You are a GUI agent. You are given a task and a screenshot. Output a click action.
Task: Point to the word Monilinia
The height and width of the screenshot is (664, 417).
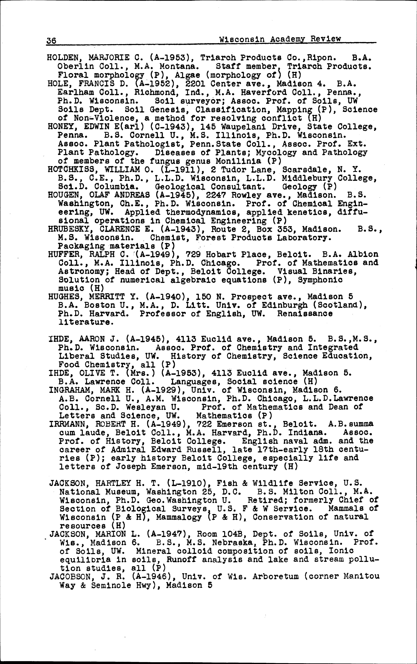click(x=238, y=161)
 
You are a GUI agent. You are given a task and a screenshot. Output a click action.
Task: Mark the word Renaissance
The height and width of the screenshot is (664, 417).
click(x=305, y=314)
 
